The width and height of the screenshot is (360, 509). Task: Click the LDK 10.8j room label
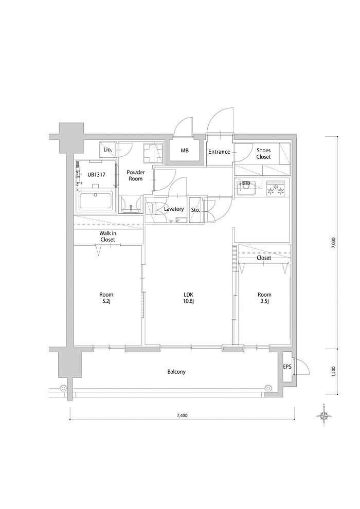pos(189,298)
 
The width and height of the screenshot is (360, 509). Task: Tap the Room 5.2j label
pos(106,298)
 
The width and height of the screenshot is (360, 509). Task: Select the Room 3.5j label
pos(264,298)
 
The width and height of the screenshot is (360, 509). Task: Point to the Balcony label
pos(176,372)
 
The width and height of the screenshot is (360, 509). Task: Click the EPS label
pos(287,367)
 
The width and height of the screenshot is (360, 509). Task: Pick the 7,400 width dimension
pos(182,415)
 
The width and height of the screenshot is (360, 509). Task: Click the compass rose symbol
pos(323,415)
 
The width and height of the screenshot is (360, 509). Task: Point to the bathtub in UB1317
pos(96,201)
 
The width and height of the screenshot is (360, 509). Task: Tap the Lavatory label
pos(174,209)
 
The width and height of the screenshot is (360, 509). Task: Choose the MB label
pos(185,151)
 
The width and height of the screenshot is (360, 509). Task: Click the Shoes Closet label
pos(263,154)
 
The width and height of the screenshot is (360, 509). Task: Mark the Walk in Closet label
pos(108,237)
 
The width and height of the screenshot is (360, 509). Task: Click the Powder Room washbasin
pos(132,205)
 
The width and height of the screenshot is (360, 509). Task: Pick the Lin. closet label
pos(108,150)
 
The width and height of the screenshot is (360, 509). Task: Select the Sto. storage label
pos(195,210)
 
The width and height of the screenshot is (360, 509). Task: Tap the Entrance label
pos(219,152)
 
